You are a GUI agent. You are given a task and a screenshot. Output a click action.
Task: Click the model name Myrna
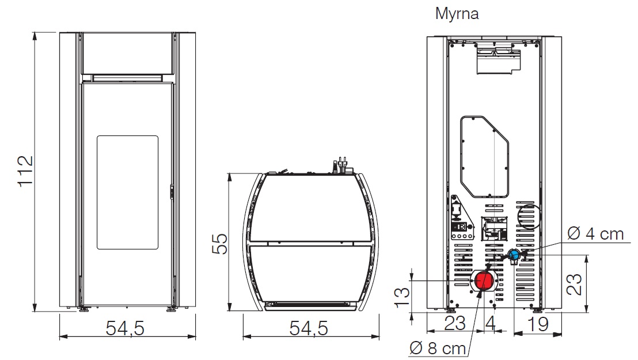[x=457, y=14]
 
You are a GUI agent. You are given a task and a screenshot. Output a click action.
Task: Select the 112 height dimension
[x=24, y=170]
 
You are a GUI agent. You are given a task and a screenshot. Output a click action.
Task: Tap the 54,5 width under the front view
[x=125, y=328]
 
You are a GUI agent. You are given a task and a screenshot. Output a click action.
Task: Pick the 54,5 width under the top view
[x=309, y=328]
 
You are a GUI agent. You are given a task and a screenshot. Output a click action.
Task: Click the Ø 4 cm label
[x=595, y=234]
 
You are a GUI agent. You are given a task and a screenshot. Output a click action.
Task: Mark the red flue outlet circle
[x=483, y=281]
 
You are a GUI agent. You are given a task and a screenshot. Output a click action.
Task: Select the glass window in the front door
[x=127, y=192]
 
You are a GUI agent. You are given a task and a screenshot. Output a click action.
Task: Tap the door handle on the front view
[x=171, y=192]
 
